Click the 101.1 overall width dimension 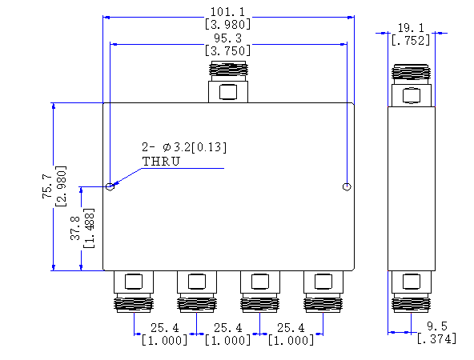pyautogui.click(x=227, y=12)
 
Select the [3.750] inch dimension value pyautogui.click(x=227, y=50)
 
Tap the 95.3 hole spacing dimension pyautogui.click(x=227, y=38)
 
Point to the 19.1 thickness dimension pyautogui.click(x=411, y=28)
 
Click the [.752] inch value pyautogui.click(x=411, y=40)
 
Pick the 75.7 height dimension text pyautogui.click(x=47, y=186)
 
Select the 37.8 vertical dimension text pyautogui.click(x=75, y=228)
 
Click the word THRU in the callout pyautogui.click(x=161, y=162)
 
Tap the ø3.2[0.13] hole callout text pyautogui.click(x=195, y=147)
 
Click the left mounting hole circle pyautogui.click(x=110, y=186)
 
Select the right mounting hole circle pyautogui.click(x=347, y=187)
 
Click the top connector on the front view pyautogui.click(x=228, y=82)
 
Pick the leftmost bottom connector pyautogui.click(x=134, y=291)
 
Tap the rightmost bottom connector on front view pyautogui.click(x=323, y=291)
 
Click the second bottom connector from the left pyautogui.click(x=197, y=291)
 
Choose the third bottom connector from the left pyautogui.click(x=260, y=291)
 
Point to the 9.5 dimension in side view pyautogui.click(x=437, y=326)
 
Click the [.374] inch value pyautogui.click(x=437, y=339)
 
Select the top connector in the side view pyautogui.click(x=411, y=85)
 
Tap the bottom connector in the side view pyautogui.click(x=411, y=291)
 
